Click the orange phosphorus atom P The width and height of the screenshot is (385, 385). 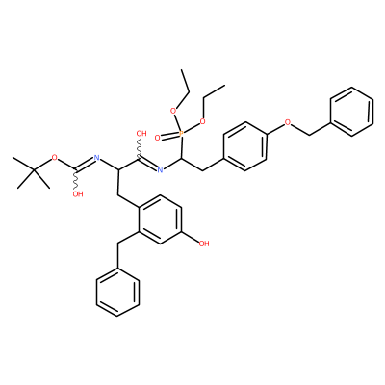point(181,133)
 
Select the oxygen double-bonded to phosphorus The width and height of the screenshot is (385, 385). point(157,138)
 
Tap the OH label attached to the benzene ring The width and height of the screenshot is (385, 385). point(204,244)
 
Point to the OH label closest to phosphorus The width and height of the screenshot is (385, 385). point(141,133)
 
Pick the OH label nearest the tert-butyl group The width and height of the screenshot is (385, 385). point(77,194)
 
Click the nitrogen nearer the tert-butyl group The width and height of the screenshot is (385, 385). point(96,158)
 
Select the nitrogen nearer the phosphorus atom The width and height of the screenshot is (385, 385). point(161,169)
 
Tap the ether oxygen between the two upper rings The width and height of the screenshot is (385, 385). point(288,121)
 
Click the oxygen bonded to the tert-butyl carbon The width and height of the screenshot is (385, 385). point(55,158)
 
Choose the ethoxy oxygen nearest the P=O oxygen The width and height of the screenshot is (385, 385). point(173,111)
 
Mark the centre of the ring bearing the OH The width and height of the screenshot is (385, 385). point(160,219)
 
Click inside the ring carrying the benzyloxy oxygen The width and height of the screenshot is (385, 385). point(245,146)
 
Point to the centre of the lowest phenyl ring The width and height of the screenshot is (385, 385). point(117,293)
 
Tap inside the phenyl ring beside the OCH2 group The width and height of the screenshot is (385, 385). point(352,112)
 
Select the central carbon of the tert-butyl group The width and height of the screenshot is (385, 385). point(34,169)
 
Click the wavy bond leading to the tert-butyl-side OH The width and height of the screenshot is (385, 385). point(76,180)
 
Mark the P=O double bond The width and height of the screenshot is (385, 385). point(169,136)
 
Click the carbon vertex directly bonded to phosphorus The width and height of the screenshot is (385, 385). point(182,158)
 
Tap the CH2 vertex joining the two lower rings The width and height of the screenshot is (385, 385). point(118,244)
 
